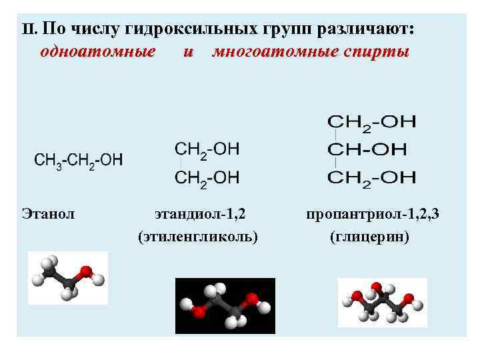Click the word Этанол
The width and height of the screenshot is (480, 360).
(x=48, y=214)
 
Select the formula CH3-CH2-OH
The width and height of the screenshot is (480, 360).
(x=79, y=160)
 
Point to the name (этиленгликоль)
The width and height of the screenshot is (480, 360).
(x=198, y=236)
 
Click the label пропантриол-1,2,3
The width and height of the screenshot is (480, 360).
(x=373, y=214)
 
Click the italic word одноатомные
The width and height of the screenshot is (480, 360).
(x=98, y=51)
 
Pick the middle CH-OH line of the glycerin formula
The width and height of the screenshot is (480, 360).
(x=371, y=149)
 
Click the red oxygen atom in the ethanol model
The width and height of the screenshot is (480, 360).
(x=85, y=272)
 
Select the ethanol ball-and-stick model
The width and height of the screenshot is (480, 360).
(x=67, y=277)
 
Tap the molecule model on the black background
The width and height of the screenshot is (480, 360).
(x=225, y=305)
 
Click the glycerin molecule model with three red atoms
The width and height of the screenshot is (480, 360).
(x=382, y=302)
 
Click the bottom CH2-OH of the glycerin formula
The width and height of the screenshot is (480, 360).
(x=371, y=177)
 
